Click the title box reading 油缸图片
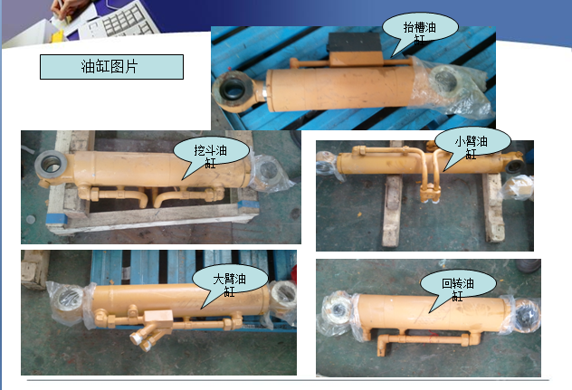tap(111, 67)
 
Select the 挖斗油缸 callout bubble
tap(209, 151)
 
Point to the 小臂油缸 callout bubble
tap(471, 145)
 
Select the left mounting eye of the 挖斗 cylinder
tap(51, 166)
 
